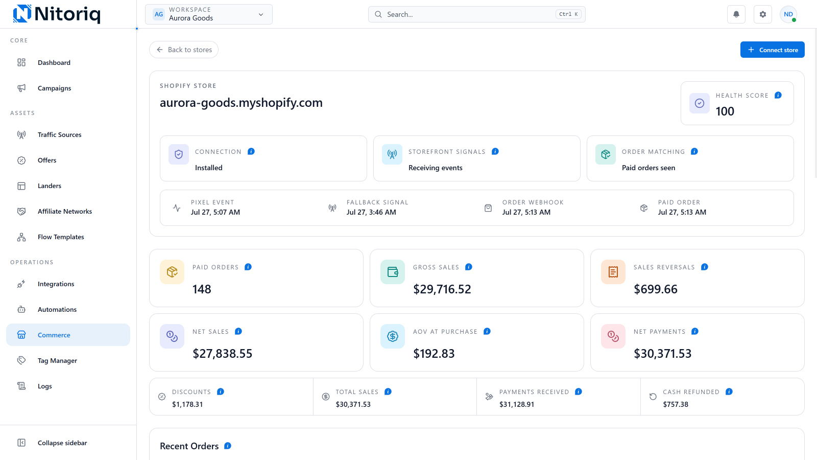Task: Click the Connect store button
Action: point(772,50)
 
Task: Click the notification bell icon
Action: point(736,14)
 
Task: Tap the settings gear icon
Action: point(763,14)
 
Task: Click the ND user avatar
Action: point(788,14)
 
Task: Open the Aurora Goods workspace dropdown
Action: point(209,14)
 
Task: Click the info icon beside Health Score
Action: point(778,95)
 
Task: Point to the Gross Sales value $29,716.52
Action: point(442,289)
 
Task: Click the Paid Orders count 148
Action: point(202,289)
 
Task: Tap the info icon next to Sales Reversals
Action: point(704,267)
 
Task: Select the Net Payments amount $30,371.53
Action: point(662,353)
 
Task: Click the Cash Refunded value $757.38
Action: point(676,404)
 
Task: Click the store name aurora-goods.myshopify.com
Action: point(241,103)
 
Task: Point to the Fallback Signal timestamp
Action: point(371,212)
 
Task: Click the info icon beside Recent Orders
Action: point(228,446)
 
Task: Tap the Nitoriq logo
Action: point(57,14)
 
